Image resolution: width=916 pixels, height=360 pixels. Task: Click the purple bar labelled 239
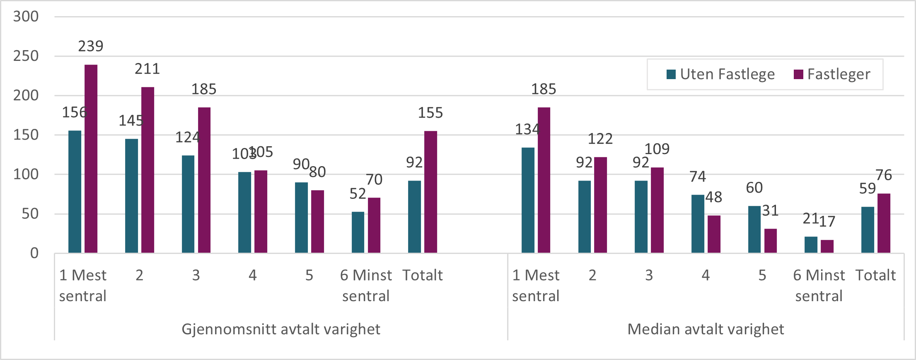pos(91,159)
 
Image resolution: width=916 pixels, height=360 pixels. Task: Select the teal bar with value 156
pos(75,192)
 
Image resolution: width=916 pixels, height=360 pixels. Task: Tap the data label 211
pos(147,69)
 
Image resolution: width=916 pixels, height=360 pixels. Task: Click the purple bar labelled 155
pos(430,192)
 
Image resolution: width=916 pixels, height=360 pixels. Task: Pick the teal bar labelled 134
pos(528,200)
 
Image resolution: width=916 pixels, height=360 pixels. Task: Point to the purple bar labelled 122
pos(600,205)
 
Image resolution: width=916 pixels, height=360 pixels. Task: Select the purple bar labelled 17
pos(827,246)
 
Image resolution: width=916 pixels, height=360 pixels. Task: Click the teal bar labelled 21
pos(811,244)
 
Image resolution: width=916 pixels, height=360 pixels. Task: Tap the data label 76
pos(884,175)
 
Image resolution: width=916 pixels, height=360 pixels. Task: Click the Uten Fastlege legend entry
pos(721,75)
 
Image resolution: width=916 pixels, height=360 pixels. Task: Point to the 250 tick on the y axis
pos(26,56)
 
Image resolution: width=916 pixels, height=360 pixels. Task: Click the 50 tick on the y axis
pos(30,214)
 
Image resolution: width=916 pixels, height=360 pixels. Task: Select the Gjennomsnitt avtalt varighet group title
pos(280,329)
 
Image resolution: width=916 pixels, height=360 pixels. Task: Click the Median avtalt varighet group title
pos(706,329)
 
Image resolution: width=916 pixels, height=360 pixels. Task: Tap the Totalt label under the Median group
pos(875,275)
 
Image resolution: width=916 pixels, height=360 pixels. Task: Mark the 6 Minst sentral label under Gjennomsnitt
pos(366,285)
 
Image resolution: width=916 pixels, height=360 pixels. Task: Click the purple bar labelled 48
pos(714,234)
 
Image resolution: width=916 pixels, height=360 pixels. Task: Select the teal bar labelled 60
pos(754,229)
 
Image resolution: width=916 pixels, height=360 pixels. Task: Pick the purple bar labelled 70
pos(374,225)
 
